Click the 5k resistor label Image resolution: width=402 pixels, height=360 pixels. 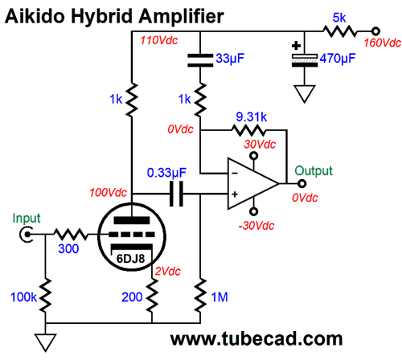[339, 18]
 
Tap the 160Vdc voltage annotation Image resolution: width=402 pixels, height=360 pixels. [383, 43]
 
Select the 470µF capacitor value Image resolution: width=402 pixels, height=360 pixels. [338, 58]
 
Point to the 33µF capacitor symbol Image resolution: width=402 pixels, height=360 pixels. [200, 60]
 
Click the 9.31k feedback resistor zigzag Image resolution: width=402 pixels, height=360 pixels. [248, 130]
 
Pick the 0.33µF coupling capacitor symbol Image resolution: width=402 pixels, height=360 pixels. [177, 194]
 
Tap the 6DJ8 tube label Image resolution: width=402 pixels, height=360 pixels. [131, 259]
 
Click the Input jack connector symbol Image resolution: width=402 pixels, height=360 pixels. [27, 235]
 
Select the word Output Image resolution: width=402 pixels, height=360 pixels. [314, 171]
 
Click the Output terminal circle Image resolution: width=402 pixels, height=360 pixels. [302, 184]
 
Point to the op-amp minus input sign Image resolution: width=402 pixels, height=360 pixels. [235, 174]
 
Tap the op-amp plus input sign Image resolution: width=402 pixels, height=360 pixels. [235, 194]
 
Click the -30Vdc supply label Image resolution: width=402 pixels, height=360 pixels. [256, 226]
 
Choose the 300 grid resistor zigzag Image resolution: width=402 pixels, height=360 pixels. [71, 235]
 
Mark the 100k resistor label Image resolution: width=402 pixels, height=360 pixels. [23, 297]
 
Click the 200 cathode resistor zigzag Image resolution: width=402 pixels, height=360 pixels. [152, 295]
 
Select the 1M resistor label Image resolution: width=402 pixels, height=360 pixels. [219, 297]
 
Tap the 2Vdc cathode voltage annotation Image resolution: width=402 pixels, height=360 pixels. [168, 272]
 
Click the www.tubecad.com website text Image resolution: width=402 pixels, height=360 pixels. [256, 339]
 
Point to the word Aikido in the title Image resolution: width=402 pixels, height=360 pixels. [35, 16]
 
